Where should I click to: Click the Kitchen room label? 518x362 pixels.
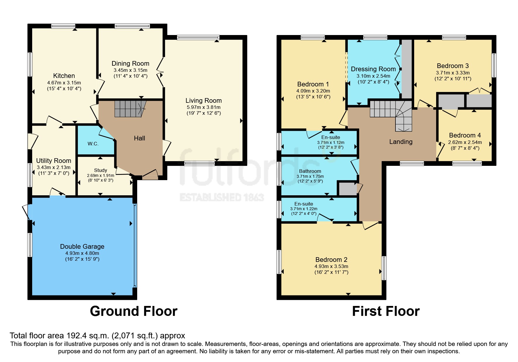pos(64,76)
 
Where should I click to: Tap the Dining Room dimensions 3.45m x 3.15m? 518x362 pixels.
pos(130,70)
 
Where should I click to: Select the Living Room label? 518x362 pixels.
pos(204,101)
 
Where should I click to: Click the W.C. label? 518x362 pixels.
pos(93,144)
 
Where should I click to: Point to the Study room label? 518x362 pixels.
pos(101,170)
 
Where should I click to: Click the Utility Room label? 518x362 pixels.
pos(54,161)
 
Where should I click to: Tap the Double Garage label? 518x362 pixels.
pos(82,246)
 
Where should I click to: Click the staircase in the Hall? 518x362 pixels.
pos(129,109)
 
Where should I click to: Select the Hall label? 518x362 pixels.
pos(139,138)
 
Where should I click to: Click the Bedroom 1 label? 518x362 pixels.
pos(313,84)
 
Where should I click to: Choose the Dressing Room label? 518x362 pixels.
pos(373,69)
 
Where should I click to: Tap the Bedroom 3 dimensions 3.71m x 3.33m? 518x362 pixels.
pos(453,73)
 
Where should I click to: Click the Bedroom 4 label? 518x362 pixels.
pos(465,135)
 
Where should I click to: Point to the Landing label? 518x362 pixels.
pos(401,142)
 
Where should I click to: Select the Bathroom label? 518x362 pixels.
pos(310,171)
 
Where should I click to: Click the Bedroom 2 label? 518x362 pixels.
pos(331,260)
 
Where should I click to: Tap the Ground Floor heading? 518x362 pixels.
pos(134,311)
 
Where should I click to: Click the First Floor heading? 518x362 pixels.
pos(386,311)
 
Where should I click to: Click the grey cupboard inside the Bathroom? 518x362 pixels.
pos(347,189)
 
